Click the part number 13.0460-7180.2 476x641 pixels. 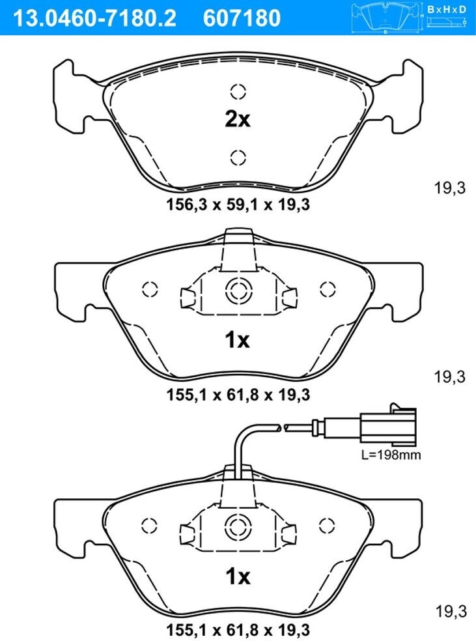[95, 18]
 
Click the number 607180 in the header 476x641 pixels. [242, 18]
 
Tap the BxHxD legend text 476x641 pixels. [447, 9]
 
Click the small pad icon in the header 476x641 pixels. [386, 17]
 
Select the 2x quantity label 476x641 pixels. [238, 119]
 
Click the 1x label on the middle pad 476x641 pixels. [237, 340]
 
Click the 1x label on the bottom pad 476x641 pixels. [238, 577]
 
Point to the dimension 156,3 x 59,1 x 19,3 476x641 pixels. [238, 204]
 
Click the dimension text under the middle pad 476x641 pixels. [238, 395]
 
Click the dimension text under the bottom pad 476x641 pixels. [238, 629]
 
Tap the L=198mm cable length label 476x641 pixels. [391, 455]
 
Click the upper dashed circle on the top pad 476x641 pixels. [238, 91]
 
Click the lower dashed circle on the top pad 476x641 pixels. [238, 158]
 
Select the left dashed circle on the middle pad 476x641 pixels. [150, 289]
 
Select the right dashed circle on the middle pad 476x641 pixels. [328, 289]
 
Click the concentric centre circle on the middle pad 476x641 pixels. [238, 291]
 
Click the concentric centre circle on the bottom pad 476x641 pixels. [238, 526]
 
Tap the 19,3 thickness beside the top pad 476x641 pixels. [449, 188]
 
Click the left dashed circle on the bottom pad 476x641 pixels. [150, 526]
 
